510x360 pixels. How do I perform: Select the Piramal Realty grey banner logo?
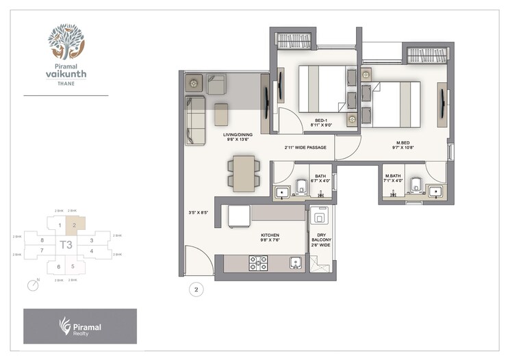(x=80, y=326)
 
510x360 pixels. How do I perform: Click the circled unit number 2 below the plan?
(x=196, y=290)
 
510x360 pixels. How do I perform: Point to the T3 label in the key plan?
(x=66, y=244)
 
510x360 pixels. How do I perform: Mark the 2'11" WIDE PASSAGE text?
(x=305, y=147)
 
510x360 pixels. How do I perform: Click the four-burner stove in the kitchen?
(x=258, y=263)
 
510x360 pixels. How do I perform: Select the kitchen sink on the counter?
(x=294, y=263)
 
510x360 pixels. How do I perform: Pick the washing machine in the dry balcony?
(x=319, y=217)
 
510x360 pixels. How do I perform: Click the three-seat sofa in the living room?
(x=194, y=120)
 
